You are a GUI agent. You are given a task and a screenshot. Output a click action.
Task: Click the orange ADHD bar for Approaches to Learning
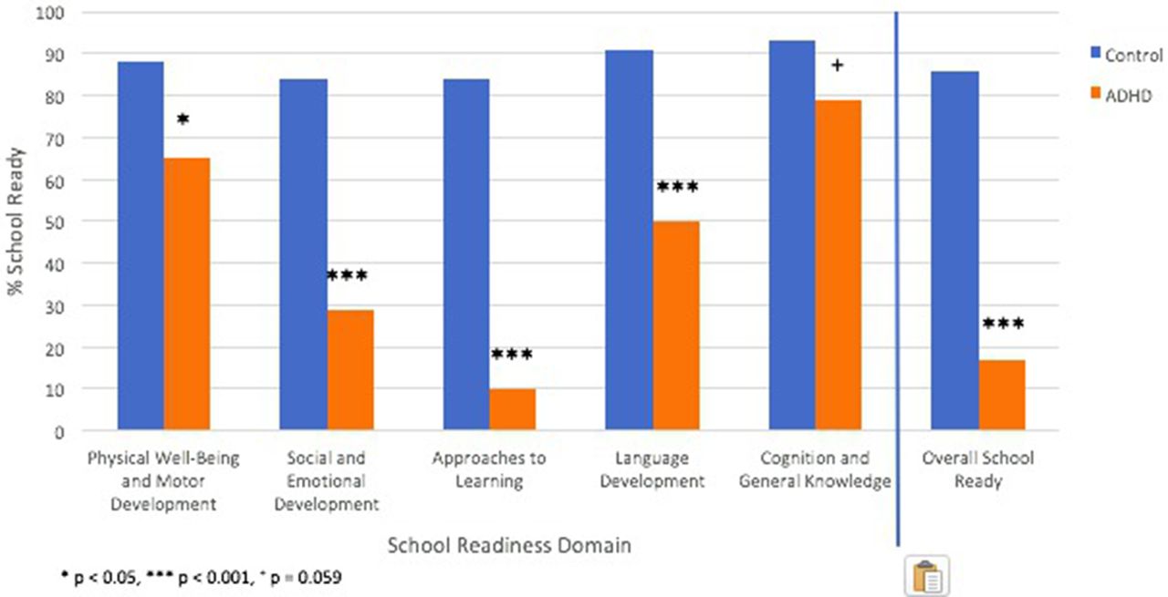pyautogui.click(x=512, y=409)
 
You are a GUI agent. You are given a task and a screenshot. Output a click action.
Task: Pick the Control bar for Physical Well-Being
pyautogui.click(x=141, y=246)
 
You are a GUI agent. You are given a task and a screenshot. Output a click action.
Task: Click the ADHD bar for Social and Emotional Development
pyautogui.click(x=350, y=370)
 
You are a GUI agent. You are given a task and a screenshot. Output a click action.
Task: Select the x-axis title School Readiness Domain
pyautogui.click(x=509, y=545)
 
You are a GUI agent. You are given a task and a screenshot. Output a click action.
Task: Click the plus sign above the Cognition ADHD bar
pyautogui.click(x=838, y=65)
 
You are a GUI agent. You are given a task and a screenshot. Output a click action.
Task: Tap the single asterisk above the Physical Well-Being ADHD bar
pyautogui.click(x=182, y=120)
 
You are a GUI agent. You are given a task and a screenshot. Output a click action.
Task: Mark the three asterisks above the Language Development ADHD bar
pyautogui.click(x=676, y=188)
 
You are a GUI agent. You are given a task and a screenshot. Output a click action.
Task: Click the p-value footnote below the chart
pyautogui.click(x=208, y=579)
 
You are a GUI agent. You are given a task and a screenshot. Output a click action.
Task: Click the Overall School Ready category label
pyautogui.click(x=978, y=468)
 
